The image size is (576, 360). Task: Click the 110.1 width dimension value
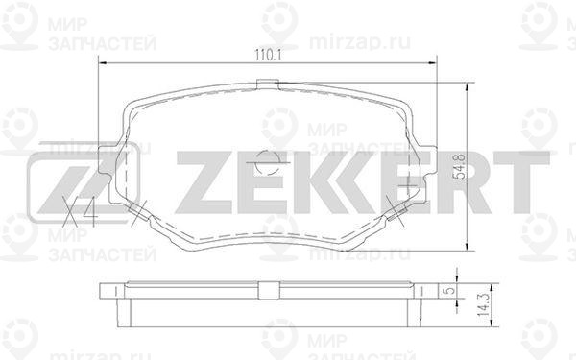(x=268, y=56)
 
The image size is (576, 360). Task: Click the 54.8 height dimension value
(x=459, y=167)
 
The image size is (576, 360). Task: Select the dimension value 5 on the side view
(x=450, y=291)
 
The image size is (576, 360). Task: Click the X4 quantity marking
(x=80, y=212)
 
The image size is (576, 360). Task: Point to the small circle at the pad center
(x=267, y=162)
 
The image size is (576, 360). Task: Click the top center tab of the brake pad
(x=267, y=84)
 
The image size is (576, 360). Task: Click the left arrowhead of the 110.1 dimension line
(x=103, y=63)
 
